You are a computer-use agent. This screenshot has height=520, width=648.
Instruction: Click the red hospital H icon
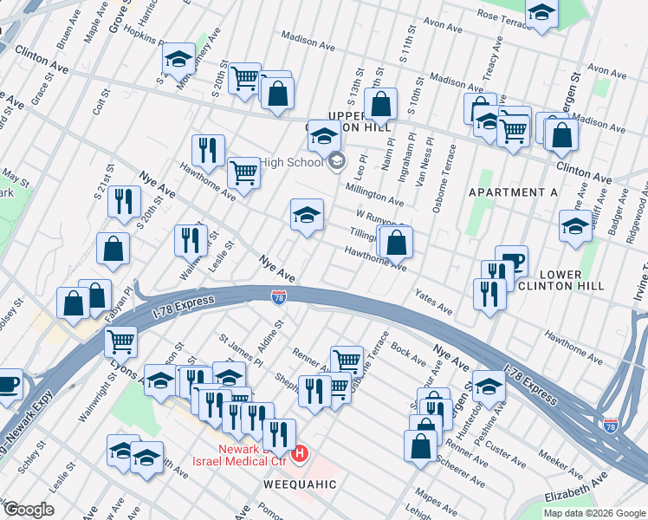[x=300, y=453]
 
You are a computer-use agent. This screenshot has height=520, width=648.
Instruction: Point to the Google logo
[x=29, y=510]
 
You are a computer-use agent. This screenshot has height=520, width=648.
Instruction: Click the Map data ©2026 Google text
[x=593, y=513]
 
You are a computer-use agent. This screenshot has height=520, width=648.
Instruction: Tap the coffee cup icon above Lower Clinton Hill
[x=511, y=260]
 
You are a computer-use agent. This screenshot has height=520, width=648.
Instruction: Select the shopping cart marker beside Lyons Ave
[x=121, y=341]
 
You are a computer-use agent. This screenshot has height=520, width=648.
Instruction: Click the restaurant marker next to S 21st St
[x=124, y=201]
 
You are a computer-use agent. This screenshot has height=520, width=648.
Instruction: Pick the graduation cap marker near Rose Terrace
[x=541, y=12]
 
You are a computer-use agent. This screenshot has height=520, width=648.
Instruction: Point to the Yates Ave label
[x=434, y=302]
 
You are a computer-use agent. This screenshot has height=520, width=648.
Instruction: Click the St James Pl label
[x=240, y=347]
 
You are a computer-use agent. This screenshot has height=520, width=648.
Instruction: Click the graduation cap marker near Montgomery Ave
[x=179, y=59]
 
